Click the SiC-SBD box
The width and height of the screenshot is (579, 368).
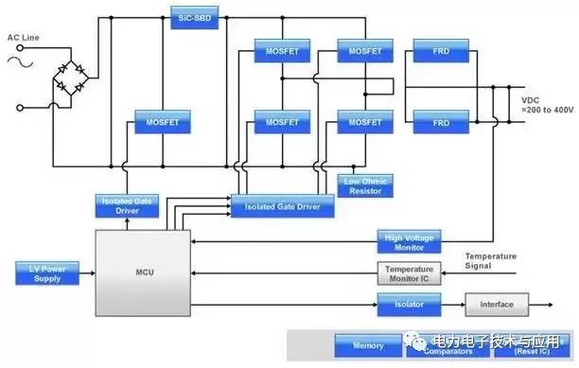click(x=195, y=17)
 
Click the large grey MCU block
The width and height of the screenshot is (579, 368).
click(x=143, y=272)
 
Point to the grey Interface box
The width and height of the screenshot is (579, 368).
click(x=497, y=305)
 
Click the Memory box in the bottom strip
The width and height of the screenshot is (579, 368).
click(x=369, y=346)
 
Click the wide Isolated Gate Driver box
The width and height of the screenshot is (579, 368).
click(x=282, y=205)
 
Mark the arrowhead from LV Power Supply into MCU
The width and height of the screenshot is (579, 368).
click(x=92, y=273)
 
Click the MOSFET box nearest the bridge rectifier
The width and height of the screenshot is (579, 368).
click(x=162, y=122)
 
